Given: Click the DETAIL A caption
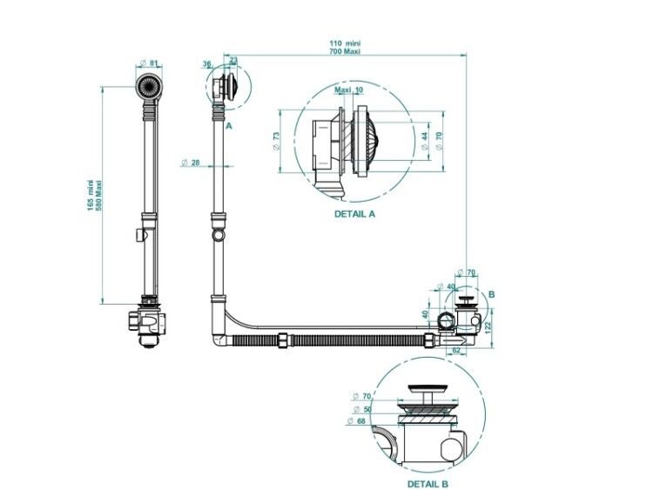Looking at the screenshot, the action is (354, 214).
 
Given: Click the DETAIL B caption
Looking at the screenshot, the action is (427, 484).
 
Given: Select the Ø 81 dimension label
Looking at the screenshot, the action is (149, 64).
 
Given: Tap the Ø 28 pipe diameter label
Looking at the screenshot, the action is (192, 163).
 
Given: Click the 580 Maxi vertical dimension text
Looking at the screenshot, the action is (98, 195).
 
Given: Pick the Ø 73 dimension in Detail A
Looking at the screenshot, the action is (276, 141).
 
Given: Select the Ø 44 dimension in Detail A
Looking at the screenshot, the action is (424, 141).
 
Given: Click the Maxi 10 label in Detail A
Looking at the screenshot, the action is (349, 90).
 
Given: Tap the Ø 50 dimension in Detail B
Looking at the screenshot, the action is (362, 409).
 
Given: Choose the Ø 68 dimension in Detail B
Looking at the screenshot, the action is (355, 421).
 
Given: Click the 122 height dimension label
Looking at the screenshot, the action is (488, 322).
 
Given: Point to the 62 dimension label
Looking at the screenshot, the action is (456, 350).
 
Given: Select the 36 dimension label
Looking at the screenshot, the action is (207, 64).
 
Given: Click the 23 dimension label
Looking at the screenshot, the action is (233, 60).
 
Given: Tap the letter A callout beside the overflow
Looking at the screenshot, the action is (228, 125).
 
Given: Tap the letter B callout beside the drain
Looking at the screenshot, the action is (491, 294).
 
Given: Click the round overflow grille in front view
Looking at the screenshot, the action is (149, 87).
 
